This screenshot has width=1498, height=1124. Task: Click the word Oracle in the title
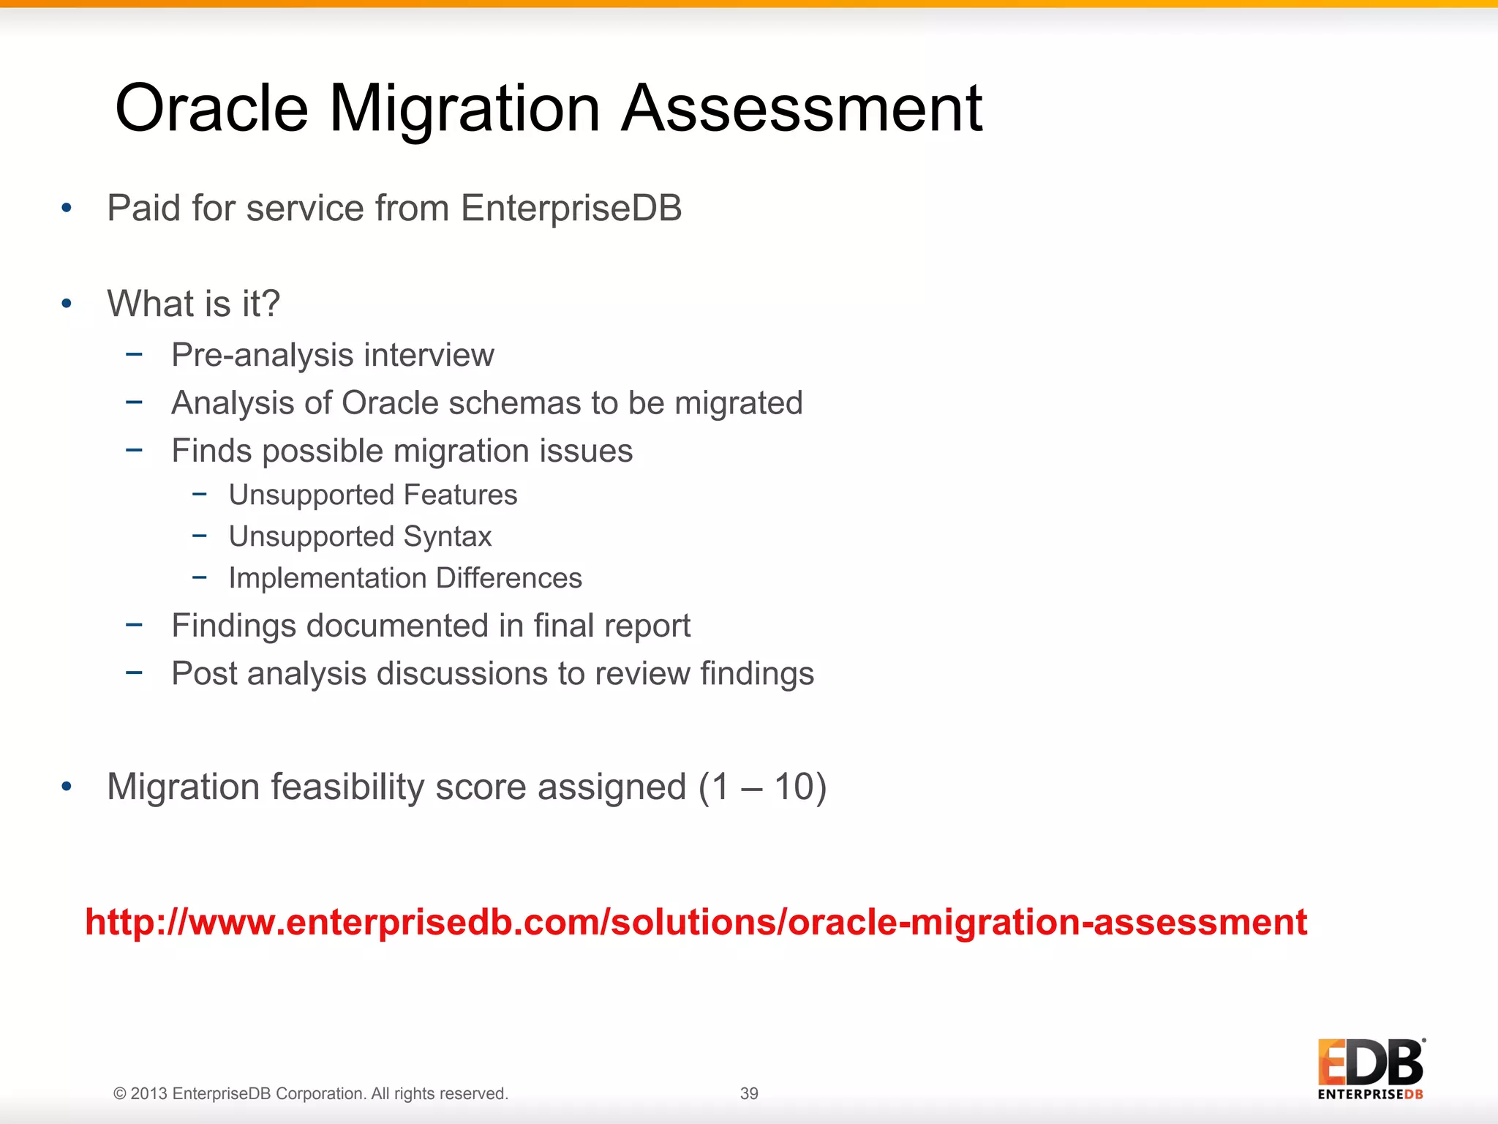(x=212, y=110)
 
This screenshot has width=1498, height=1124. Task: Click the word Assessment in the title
(x=802, y=110)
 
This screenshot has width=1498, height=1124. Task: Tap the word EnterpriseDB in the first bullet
(x=571, y=209)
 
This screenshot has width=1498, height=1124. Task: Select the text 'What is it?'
(x=194, y=304)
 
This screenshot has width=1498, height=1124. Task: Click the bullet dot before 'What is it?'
(x=67, y=304)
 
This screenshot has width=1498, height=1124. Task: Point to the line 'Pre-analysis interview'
(x=333, y=356)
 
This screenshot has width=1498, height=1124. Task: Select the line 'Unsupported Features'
(x=373, y=495)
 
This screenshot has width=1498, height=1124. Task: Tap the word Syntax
(x=447, y=537)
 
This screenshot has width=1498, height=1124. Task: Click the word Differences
(x=509, y=578)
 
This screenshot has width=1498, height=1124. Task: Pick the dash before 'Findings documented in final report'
(x=134, y=625)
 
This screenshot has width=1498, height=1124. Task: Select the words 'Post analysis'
(x=268, y=674)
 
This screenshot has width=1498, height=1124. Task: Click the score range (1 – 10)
(x=762, y=787)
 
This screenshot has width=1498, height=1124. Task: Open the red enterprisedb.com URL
(x=695, y=922)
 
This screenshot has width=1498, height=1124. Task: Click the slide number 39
(x=749, y=1093)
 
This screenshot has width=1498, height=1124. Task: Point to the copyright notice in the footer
(x=311, y=1093)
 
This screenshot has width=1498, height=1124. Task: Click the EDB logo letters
(x=1371, y=1063)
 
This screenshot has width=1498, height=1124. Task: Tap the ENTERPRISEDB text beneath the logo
(x=1371, y=1095)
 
